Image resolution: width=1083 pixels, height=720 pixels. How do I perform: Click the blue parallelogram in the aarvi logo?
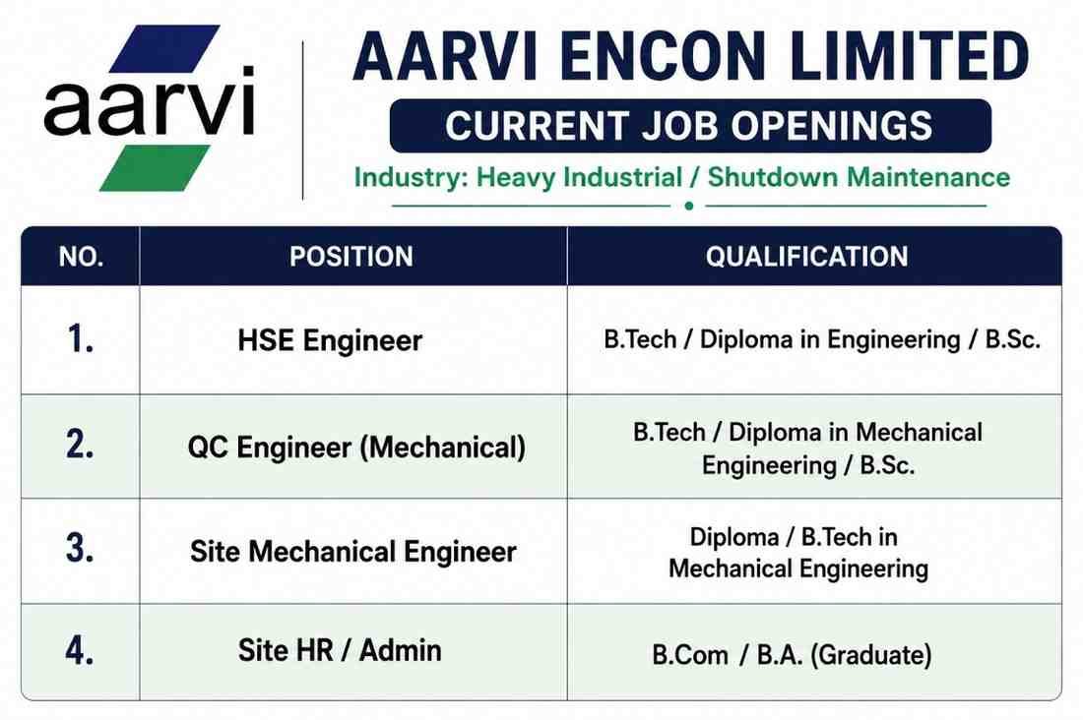[x=165, y=48]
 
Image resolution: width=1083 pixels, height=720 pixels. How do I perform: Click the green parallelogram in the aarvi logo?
[x=155, y=168]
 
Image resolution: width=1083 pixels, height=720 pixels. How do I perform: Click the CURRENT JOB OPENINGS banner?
[x=690, y=126]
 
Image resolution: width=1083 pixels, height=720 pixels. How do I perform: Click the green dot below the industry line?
[x=688, y=206]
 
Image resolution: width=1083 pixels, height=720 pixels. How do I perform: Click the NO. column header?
[x=82, y=257]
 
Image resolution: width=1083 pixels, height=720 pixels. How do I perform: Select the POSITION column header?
[x=351, y=257]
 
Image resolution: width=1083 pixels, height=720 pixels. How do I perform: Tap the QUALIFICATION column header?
[x=806, y=257]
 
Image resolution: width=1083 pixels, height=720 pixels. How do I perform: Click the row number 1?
[x=80, y=339]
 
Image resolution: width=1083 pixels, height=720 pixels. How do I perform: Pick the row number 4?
[x=80, y=650]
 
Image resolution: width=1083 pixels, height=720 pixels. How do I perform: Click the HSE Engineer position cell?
[x=330, y=340]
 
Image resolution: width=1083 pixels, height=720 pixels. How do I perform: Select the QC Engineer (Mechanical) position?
[x=356, y=448]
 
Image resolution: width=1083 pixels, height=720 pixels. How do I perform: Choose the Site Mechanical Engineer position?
[x=352, y=552]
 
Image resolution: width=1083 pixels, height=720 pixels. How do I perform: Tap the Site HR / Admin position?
[x=340, y=650]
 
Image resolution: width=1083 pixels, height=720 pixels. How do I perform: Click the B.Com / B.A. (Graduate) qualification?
[x=793, y=654]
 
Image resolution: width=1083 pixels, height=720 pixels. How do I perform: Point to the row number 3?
[x=80, y=548]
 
